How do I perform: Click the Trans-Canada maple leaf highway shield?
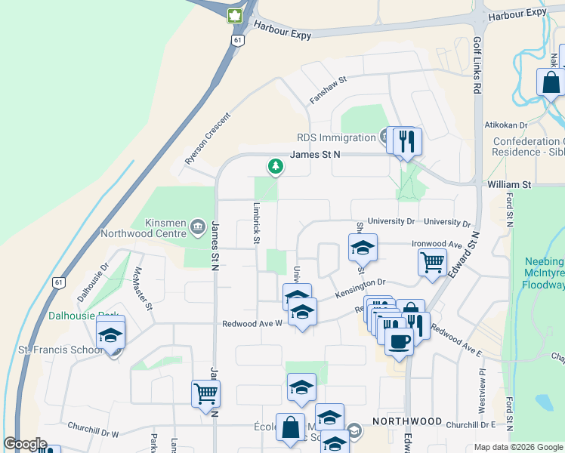point(234,16)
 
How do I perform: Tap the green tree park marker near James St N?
point(276,165)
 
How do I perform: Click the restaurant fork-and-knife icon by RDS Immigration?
point(407,139)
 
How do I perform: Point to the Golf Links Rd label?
point(477,66)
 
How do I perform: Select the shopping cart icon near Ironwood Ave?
point(432,263)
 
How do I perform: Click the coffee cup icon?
point(399,341)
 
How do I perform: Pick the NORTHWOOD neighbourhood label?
point(407,421)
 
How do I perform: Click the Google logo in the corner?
point(25,444)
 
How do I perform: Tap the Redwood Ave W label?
point(252,324)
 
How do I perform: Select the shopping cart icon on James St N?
point(206,393)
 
